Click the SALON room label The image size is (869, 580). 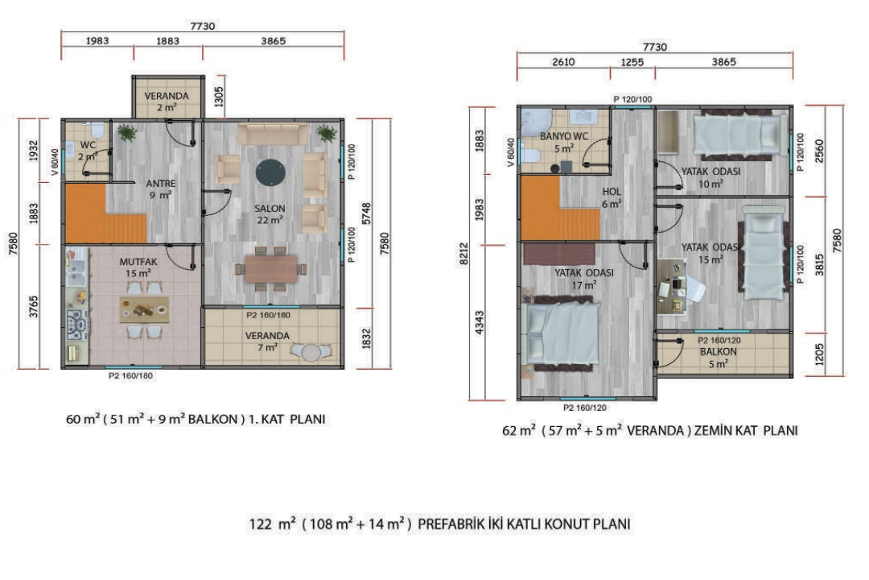pos(270,209)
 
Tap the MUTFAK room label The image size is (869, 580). pos(138,262)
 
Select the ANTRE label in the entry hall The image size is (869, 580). pos(161,183)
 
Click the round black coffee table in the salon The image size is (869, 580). pos(270,172)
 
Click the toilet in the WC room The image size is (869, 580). pos(97,130)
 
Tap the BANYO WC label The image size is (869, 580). pos(564,136)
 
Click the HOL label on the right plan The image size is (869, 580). pos(612,192)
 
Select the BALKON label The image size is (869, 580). pos(719,352)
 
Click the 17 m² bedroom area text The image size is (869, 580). pos(584,285)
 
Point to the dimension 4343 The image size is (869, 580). pos(480,322)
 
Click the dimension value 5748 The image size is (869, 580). pos(366,213)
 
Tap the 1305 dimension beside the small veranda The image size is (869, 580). pos(219,97)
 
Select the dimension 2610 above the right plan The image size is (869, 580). pos(563,62)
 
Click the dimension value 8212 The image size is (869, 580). pos(464,254)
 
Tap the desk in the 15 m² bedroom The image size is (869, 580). pos(672,287)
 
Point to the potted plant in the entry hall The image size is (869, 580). pos(127,133)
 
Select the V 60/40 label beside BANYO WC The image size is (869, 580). pos(510,152)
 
